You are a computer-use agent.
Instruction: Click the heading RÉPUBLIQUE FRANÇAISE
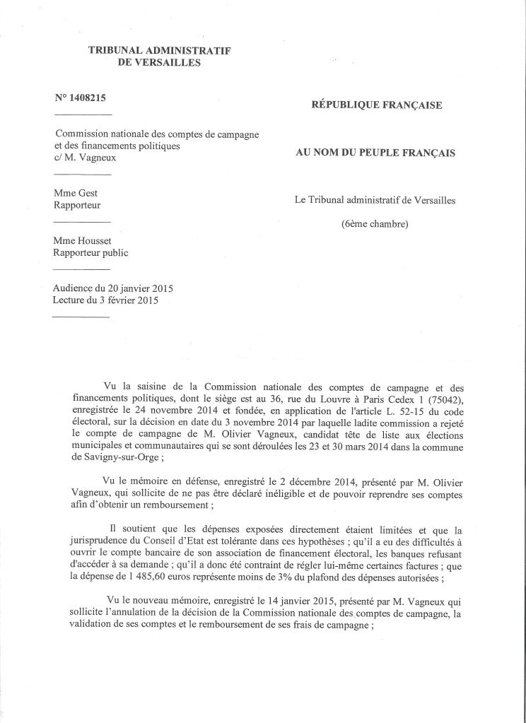377,105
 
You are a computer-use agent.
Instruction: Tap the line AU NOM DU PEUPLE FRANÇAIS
375,153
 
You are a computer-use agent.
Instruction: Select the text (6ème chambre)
375,225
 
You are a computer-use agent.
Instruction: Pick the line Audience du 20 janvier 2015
113,288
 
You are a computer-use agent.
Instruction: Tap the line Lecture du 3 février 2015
105,300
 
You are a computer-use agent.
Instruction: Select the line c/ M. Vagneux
85,158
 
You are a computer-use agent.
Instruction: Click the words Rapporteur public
91,252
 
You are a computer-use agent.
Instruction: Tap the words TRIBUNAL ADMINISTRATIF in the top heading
160,50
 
